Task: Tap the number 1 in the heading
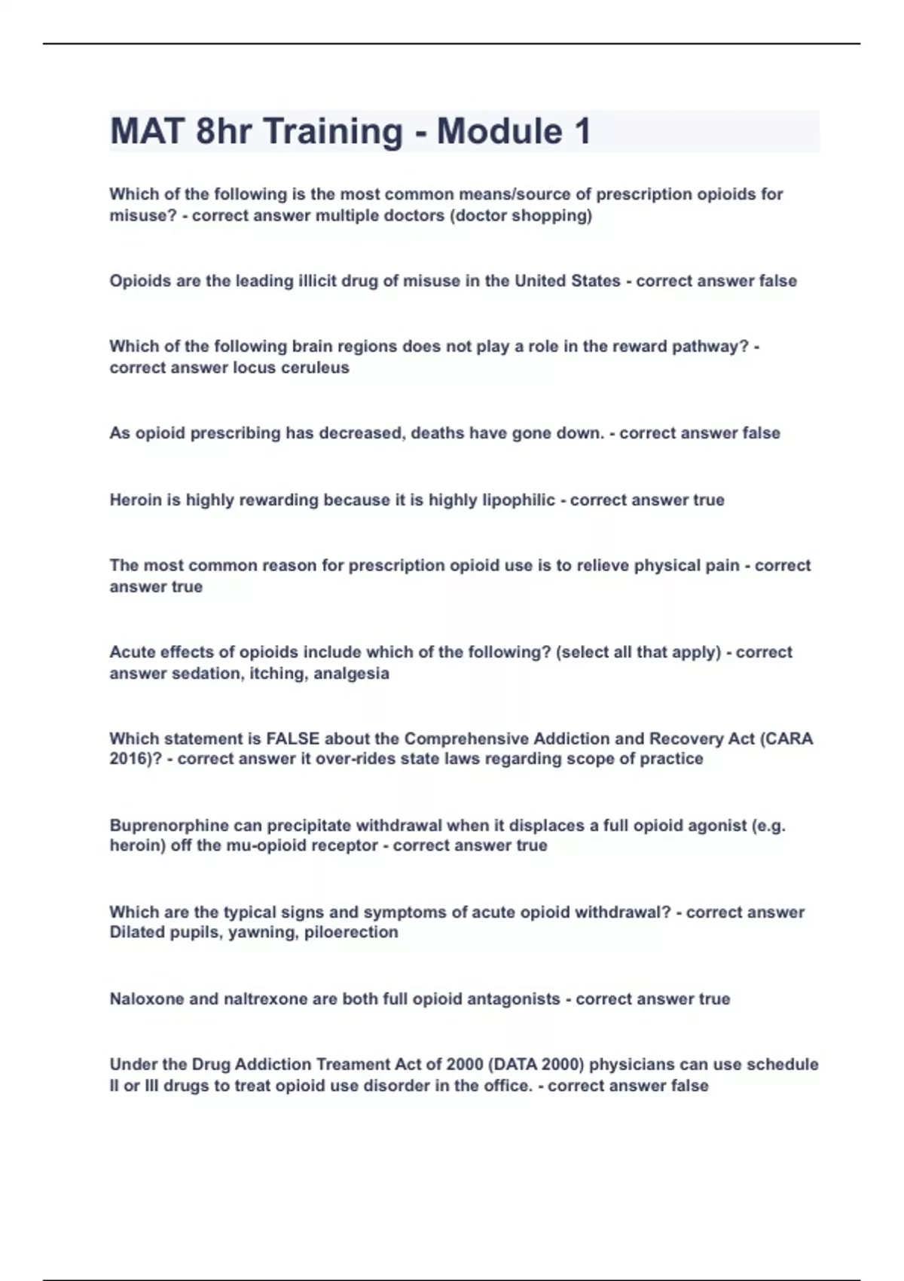(x=582, y=131)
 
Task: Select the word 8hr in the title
(x=223, y=131)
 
